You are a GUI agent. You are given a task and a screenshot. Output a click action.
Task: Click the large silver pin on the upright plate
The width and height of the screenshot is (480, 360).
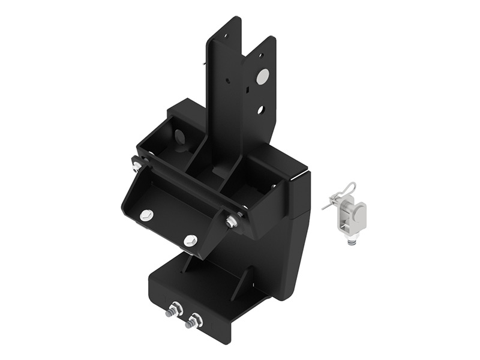click(x=262, y=76)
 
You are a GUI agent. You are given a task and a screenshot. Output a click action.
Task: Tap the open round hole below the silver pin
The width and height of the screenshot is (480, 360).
click(x=260, y=110)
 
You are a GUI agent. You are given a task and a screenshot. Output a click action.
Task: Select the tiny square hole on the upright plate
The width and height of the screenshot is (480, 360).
click(x=247, y=90)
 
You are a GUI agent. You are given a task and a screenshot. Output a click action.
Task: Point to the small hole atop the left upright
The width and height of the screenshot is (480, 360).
click(x=226, y=35)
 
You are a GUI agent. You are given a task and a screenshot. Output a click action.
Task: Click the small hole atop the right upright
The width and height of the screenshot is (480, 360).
click(x=261, y=55)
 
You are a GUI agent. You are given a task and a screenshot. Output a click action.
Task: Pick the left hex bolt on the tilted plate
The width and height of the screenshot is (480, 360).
click(x=146, y=215)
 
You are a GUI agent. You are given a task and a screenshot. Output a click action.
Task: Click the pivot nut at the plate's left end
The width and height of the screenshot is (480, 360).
click(x=137, y=165)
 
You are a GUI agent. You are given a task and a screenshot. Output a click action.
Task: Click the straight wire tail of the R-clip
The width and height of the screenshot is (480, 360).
click(x=328, y=204)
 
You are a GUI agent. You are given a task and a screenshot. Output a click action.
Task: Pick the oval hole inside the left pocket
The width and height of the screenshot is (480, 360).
click(x=179, y=137)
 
